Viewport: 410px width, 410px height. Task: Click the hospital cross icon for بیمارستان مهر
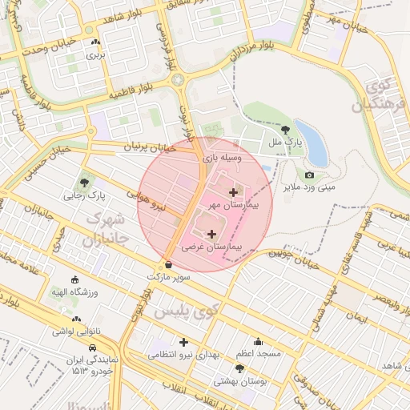(x=233, y=192)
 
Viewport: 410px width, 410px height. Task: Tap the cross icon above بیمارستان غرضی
(x=211, y=235)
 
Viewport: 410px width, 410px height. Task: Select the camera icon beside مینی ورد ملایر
(x=310, y=175)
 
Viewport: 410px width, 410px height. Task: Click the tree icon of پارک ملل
(x=286, y=129)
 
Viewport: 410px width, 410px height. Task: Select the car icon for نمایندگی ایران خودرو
(x=94, y=348)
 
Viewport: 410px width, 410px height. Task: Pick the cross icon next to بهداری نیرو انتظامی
(x=183, y=342)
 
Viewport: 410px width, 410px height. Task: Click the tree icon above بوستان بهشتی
(x=239, y=368)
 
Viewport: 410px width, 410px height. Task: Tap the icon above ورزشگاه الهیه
(x=74, y=280)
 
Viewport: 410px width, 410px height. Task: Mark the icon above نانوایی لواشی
(x=75, y=319)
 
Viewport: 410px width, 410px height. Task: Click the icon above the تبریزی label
(x=96, y=42)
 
